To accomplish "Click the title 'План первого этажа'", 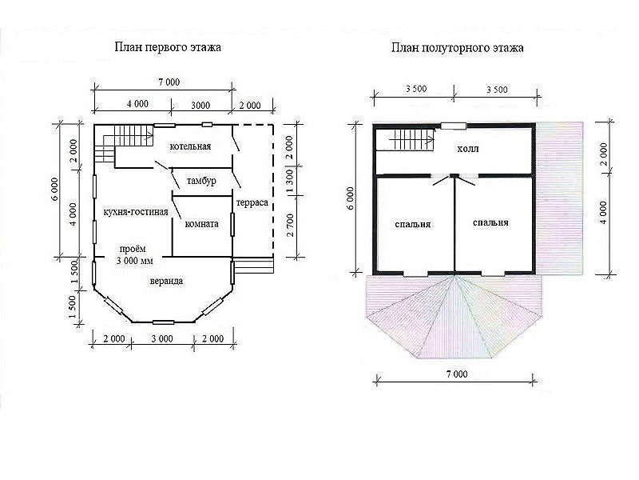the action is point(168,47).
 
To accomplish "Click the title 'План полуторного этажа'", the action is point(457,48).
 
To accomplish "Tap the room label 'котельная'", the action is point(190,146).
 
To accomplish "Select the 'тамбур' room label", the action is point(201,181).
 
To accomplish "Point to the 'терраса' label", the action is point(252,202).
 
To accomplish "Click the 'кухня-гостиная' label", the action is point(136,212).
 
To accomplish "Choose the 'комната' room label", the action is point(202,224).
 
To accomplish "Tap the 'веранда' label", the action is point(166,282).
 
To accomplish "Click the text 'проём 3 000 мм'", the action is point(134,254).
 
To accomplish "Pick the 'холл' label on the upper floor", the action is point(468,149).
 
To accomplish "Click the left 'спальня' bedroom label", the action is point(413,225).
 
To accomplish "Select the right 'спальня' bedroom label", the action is point(490,223).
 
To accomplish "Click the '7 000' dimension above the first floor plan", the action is point(169,82).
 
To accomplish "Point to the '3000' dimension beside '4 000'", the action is point(200,106).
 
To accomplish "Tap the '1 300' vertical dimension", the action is point(290,182).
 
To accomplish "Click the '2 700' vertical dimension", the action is point(290,226).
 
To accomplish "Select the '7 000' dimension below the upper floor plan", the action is point(457,374).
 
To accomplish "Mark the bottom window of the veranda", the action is point(164,322).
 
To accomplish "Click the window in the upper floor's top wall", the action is point(454,126).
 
